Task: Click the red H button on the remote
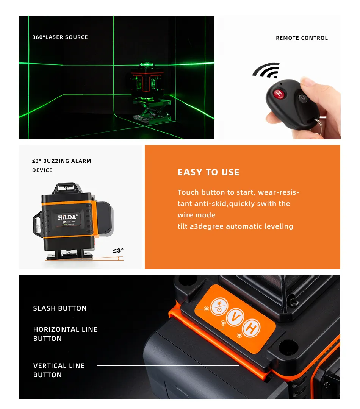(279, 94)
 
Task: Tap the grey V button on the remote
(303, 98)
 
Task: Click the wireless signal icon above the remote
(266, 70)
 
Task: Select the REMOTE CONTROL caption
(302, 38)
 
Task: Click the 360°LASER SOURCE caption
(60, 37)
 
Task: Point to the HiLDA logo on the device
(67, 217)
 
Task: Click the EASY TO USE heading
(208, 172)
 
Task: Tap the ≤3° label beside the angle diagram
(118, 251)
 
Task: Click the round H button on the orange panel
(251, 328)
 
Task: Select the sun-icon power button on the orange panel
(219, 306)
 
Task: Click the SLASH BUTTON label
(60, 308)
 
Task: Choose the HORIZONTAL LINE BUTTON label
(65, 334)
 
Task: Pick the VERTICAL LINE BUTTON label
(59, 370)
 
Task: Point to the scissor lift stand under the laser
(152, 111)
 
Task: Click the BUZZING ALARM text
(67, 161)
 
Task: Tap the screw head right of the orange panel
(293, 302)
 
